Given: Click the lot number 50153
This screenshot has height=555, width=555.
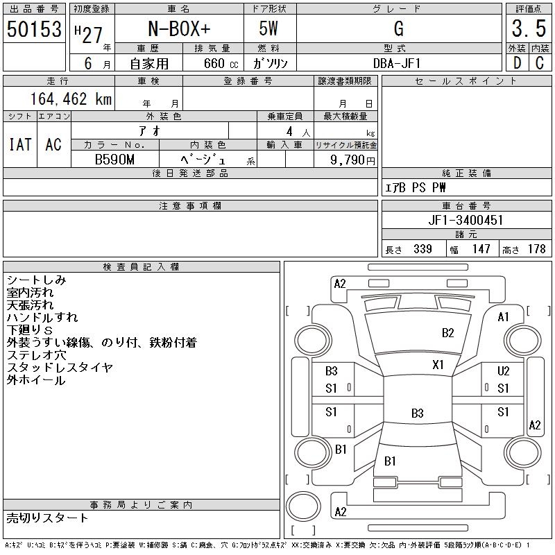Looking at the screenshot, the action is (x=34, y=29).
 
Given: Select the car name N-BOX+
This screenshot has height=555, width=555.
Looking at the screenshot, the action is (x=178, y=29).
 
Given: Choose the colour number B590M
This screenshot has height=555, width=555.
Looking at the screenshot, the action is (x=114, y=160).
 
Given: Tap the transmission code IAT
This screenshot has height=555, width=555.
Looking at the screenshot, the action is (x=20, y=144).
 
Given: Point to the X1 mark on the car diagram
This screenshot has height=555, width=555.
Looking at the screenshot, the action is (x=438, y=365).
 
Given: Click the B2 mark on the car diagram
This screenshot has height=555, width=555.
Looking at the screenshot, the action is (x=447, y=333).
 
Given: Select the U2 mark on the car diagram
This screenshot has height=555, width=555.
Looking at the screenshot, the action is (x=503, y=372).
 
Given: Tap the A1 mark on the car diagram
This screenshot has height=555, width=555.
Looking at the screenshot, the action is (x=504, y=317).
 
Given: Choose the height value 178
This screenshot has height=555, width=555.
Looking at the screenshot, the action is (x=536, y=249).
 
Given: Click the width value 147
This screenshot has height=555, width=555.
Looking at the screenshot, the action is (x=480, y=249).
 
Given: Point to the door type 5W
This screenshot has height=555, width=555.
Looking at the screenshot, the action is (x=271, y=29).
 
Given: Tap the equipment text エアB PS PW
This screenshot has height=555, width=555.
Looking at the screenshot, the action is (x=416, y=187).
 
